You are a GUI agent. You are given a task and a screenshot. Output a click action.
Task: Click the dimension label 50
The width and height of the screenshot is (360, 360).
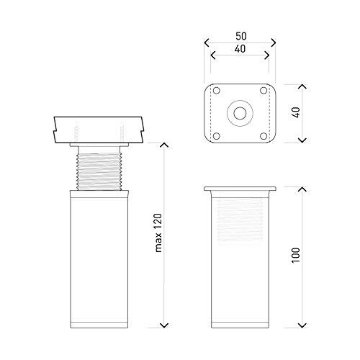click(x=241, y=36)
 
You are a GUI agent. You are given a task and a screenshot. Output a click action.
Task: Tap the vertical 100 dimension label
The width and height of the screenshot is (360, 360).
click(x=296, y=256)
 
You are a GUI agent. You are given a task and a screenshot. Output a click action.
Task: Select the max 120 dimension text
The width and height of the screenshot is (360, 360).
click(x=158, y=233)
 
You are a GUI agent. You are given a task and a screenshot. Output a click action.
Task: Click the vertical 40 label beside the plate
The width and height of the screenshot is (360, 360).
click(x=297, y=112)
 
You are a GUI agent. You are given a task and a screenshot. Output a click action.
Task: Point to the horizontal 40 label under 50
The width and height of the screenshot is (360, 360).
click(x=240, y=49)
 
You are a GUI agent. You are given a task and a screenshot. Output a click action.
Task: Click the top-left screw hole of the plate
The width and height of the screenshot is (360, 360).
click(x=217, y=91)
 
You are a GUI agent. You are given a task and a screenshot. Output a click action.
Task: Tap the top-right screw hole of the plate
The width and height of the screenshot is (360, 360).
click(x=264, y=91)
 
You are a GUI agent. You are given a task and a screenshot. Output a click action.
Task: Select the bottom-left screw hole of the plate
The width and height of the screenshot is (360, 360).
click(x=217, y=136)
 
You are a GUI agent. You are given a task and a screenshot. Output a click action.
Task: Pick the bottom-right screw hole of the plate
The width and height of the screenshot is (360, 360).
click(x=264, y=136)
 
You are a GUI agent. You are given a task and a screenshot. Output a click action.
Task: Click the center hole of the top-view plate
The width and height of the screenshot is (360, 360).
click(x=240, y=113)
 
